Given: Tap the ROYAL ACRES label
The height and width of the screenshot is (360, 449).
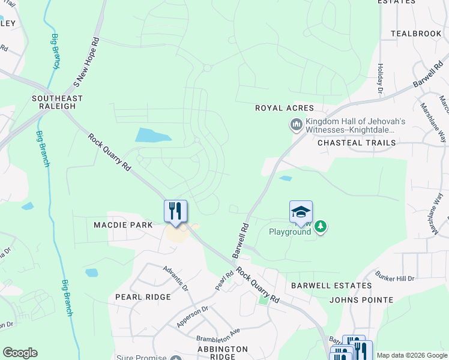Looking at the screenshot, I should tap(285, 108).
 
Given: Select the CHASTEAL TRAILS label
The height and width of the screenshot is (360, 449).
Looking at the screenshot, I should tap(357, 143).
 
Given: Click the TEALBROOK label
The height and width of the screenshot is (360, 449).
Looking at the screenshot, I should tap(416, 34).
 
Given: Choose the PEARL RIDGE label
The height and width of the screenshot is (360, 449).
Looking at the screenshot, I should tap(143, 297).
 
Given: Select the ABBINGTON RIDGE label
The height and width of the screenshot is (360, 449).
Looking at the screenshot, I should tap(223, 353).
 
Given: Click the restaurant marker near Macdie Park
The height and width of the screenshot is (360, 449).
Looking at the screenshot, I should tap(176, 211).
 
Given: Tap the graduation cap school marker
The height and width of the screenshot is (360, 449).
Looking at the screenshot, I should tap(301, 212).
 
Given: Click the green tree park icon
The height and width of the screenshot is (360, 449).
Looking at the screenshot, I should tap(322, 227).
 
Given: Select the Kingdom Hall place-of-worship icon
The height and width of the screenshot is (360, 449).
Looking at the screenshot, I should tap(295, 125).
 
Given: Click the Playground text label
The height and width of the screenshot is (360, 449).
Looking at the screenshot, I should tap(289, 232).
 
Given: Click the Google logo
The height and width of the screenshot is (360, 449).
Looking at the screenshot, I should tap(20, 353).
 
